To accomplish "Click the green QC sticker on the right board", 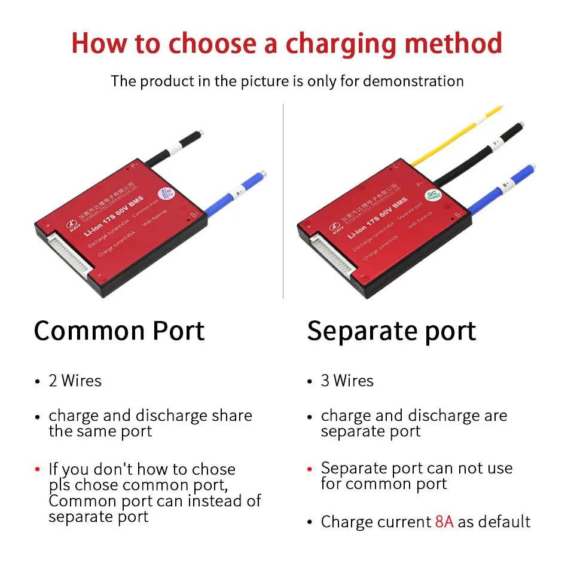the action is pos(431,196).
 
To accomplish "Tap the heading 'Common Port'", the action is pos(119,331).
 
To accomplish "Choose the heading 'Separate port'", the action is pos(392,331).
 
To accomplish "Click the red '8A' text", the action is pos(444,522).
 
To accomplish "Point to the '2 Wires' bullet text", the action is pos(75,381).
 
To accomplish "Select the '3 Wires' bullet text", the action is pos(347,381).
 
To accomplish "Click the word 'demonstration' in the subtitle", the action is pos(413,81).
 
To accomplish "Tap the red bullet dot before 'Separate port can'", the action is pos(309,469).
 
